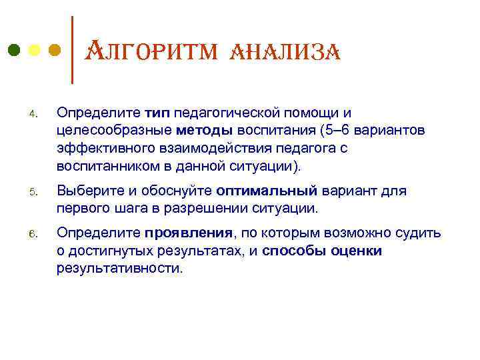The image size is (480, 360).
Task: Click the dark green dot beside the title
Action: [13, 50]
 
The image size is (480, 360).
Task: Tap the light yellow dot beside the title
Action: [34, 50]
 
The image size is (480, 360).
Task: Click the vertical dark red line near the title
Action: [72, 50]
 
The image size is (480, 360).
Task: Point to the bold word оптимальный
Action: [267, 192]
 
